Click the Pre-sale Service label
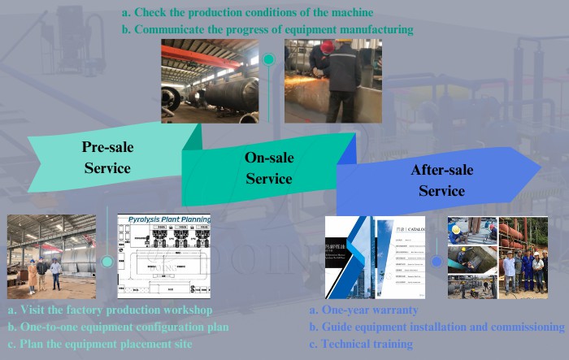107,158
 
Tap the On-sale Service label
269,167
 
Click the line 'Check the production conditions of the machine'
247,13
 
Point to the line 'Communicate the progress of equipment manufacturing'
267,29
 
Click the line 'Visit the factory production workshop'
110,310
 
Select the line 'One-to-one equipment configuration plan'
118,327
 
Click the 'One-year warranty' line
364,310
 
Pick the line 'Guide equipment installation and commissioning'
437,327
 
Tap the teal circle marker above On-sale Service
268,59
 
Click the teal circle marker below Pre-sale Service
106,262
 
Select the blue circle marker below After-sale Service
437,262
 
